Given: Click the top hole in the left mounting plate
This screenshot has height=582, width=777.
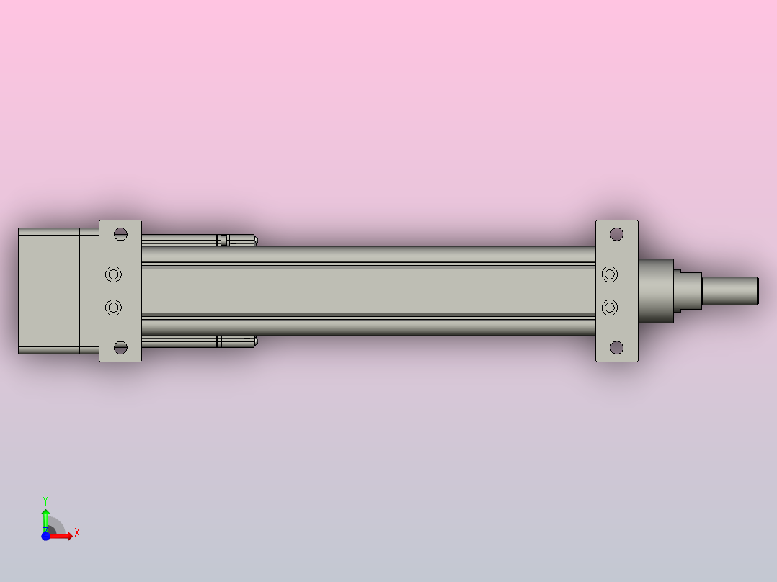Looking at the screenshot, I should [120, 234].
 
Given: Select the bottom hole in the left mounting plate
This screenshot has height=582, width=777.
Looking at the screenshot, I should [120, 348].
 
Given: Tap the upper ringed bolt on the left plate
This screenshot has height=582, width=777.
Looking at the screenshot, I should [114, 274].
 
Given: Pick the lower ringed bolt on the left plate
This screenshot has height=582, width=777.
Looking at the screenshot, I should [114, 308].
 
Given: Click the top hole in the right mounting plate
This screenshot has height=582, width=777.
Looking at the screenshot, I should [616, 234].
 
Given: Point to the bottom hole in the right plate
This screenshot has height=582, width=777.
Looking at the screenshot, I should [616, 348].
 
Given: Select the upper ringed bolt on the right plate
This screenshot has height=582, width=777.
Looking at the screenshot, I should [610, 274].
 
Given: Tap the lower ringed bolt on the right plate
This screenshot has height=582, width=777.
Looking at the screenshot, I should [610, 308].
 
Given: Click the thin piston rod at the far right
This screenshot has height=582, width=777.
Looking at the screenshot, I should [729, 290].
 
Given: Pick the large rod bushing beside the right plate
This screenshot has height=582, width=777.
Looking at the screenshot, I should [655, 290].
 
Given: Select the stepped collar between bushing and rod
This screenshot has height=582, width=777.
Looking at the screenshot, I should [688, 290].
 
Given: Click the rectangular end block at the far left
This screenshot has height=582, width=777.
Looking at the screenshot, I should [48, 290].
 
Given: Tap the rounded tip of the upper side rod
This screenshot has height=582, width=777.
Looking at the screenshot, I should [254, 241].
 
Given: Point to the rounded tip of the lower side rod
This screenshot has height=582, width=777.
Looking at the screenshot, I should [254, 341].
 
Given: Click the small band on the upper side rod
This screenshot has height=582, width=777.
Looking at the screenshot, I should [223, 241].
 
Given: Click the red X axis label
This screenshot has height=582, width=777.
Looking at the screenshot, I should [77, 533].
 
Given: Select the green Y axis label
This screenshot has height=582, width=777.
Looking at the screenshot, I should [45, 500].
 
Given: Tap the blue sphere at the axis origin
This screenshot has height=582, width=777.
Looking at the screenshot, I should [46, 536].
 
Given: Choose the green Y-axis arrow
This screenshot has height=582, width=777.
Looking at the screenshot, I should [45, 517].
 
